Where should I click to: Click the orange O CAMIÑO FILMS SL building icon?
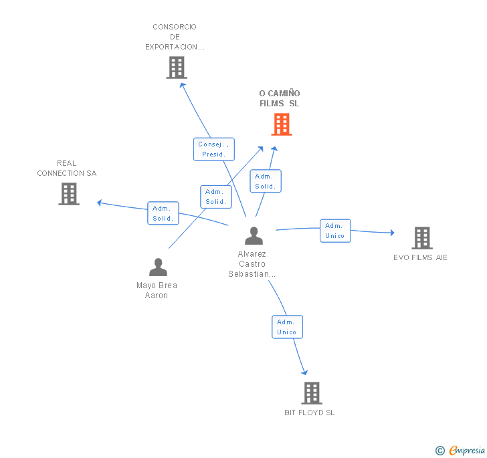pyautogui.click(x=282, y=124)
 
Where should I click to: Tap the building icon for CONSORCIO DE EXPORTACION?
pyautogui.click(x=177, y=68)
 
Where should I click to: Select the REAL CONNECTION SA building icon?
pyautogui.click(x=69, y=194)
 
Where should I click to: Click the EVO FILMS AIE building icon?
pyautogui.click(x=421, y=238)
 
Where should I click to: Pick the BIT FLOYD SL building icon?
pyautogui.click(x=311, y=393)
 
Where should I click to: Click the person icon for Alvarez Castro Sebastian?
pyautogui.click(x=254, y=236)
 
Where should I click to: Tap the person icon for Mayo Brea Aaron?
pyautogui.click(x=158, y=267)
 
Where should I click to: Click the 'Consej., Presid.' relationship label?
pyautogui.click(x=214, y=149)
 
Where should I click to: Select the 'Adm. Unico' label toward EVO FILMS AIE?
pyautogui.click(x=334, y=231)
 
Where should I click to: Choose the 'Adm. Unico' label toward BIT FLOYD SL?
pyautogui.click(x=287, y=327)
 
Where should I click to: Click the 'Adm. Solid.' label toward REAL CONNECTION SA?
pyautogui.click(x=163, y=213)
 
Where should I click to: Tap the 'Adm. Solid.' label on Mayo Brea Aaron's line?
pyautogui.click(x=215, y=197)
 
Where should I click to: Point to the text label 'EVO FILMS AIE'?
pyautogui.click(x=420, y=257)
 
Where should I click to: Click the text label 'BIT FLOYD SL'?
pyautogui.click(x=309, y=413)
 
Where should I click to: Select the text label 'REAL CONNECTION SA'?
pyautogui.click(x=67, y=168)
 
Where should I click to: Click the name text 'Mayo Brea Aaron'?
pyautogui.click(x=157, y=290)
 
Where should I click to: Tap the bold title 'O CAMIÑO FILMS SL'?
pyautogui.click(x=280, y=98)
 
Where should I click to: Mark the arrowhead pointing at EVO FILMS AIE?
pyautogui.click(x=392, y=233)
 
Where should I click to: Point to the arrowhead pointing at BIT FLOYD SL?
pyautogui.click(x=305, y=372)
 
